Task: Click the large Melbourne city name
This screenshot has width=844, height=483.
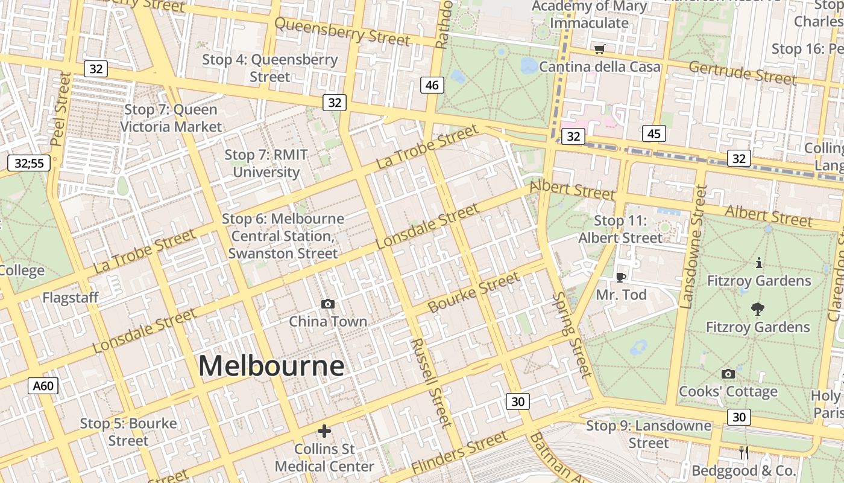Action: (x=271, y=366)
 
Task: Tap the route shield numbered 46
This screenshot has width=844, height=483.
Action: (x=432, y=85)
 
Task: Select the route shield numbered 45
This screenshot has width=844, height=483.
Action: (x=653, y=133)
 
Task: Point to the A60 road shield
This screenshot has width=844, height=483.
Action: (x=43, y=385)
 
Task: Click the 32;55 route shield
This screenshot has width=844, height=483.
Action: (x=29, y=162)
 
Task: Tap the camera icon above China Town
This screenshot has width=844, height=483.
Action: (x=327, y=304)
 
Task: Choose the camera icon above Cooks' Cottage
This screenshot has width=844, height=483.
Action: (x=728, y=374)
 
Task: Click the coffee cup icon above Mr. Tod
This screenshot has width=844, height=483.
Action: (x=620, y=277)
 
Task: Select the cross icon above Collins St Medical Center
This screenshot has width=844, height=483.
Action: (x=324, y=431)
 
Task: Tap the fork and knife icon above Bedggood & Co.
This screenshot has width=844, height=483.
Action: (x=744, y=453)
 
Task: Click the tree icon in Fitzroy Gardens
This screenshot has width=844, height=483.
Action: (x=758, y=309)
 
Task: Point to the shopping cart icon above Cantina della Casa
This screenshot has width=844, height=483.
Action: (x=599, y=50)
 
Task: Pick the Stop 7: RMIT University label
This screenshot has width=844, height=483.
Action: (x=266, y=164)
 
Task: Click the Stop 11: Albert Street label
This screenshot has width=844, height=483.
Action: (x=620, y=229)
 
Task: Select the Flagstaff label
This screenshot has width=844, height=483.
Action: (x=71, y=298)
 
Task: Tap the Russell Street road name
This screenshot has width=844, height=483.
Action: (x=430, y=382)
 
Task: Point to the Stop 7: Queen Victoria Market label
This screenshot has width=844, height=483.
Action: (x=171, y=118)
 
